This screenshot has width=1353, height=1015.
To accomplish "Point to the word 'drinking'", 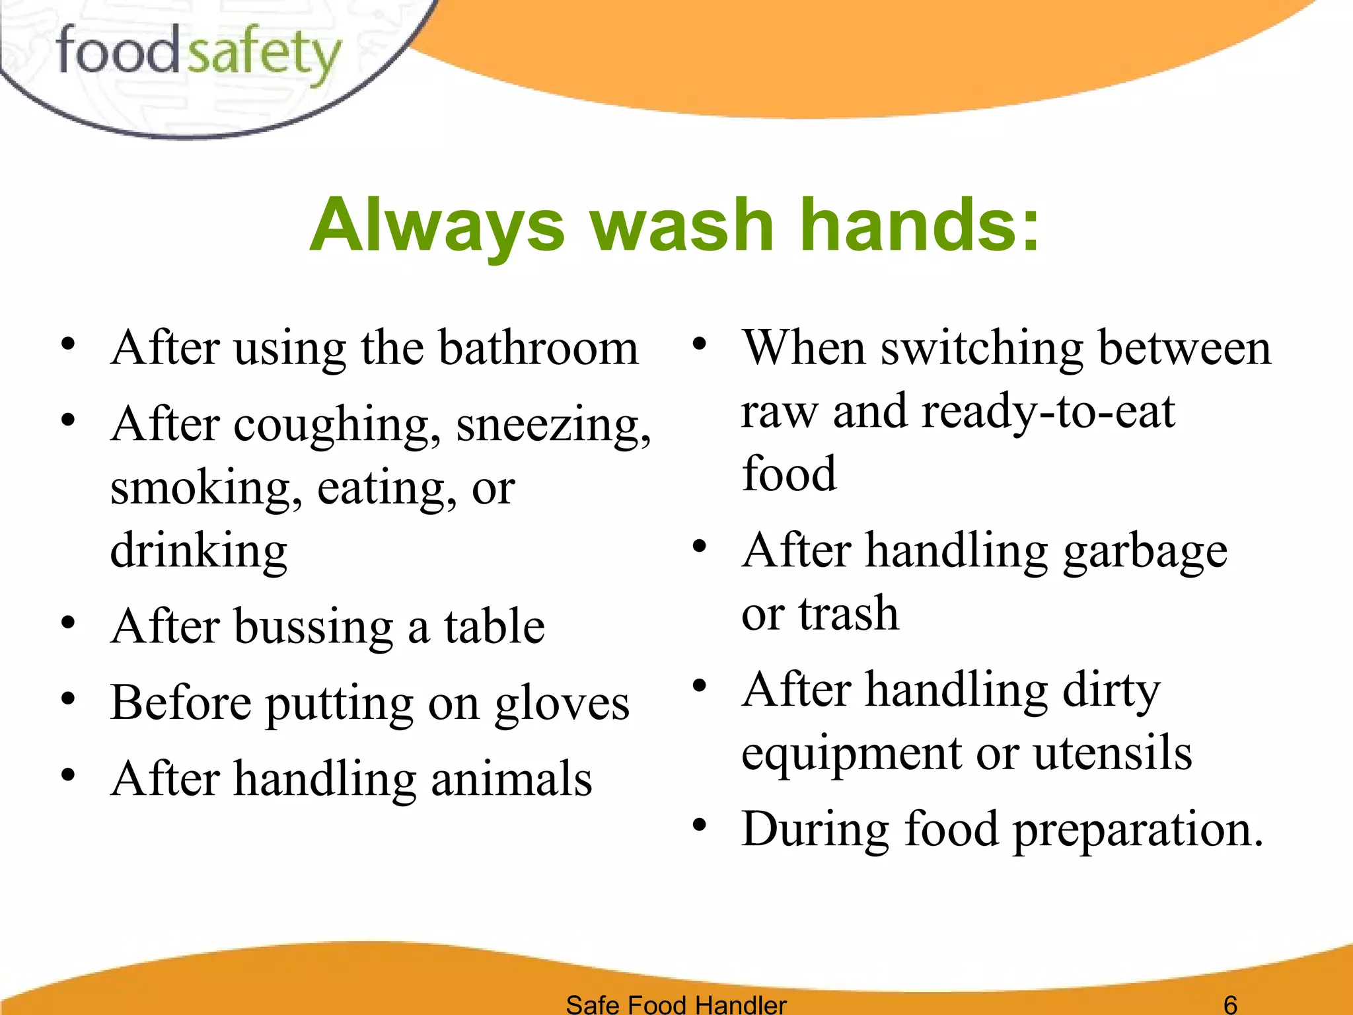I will click(198, 551).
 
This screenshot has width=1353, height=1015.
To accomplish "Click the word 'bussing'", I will click(313, 626).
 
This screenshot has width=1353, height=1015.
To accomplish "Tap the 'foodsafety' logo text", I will click(198, 54).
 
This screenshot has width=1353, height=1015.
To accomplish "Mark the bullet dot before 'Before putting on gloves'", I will click(67, 699).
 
